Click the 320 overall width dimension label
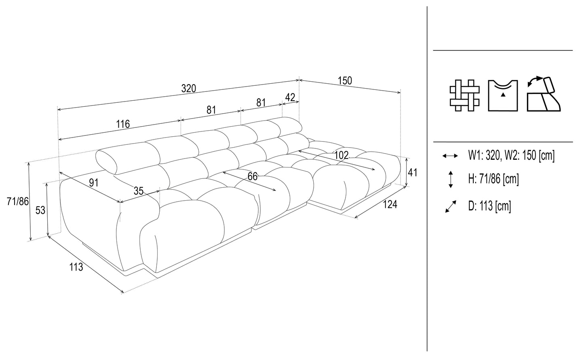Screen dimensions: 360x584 click(x=188, y=89)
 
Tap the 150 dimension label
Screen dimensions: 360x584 click(x=345, y=80)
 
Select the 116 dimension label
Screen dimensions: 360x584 click(x=123, y=124)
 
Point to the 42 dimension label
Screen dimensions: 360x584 click(x=290, y=97)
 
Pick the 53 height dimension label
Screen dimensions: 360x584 click(x=40, y=210)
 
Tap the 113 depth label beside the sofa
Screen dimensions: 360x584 click(x=76, y=267)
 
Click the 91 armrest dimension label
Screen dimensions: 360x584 click(x=94, y=182)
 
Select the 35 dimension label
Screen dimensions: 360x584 click(x=138, y=191)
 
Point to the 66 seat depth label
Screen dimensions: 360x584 click(x=252, y=177)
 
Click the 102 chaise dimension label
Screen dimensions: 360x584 click(x=342, y=155)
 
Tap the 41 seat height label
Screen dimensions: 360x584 click(x=412, y=172)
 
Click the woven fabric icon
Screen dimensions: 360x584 click(x=464, y=95)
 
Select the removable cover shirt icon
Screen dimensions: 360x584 click(x=503, y=95)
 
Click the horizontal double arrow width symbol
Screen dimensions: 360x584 click(x=450, y=156)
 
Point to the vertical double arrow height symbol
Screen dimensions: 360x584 click(x=450, y=179)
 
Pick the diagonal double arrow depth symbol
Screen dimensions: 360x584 click(x=450, y=207)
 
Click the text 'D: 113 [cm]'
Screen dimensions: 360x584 click(x=489, y=206)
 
